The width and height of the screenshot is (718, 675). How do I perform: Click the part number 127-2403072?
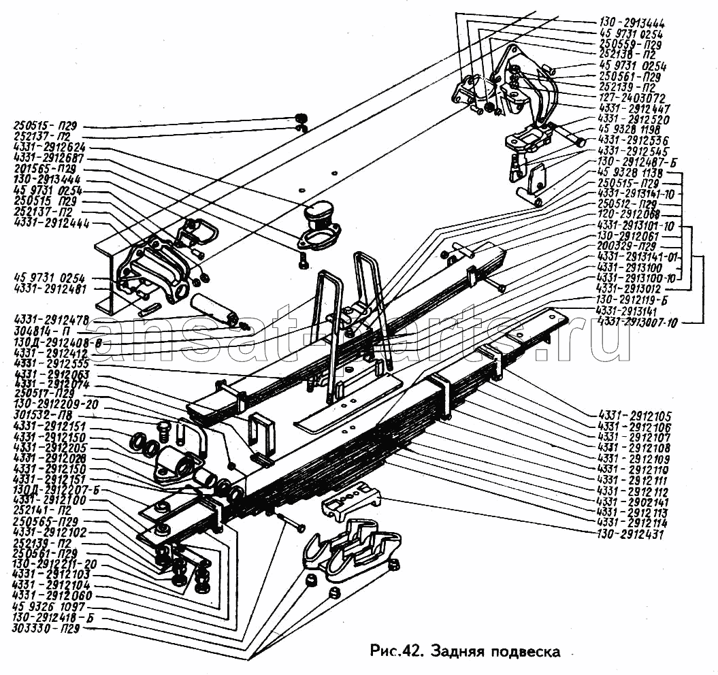pos(632,98)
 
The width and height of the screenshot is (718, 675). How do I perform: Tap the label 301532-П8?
pos(42,416)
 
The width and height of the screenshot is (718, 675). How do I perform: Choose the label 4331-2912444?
pos(49,223)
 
